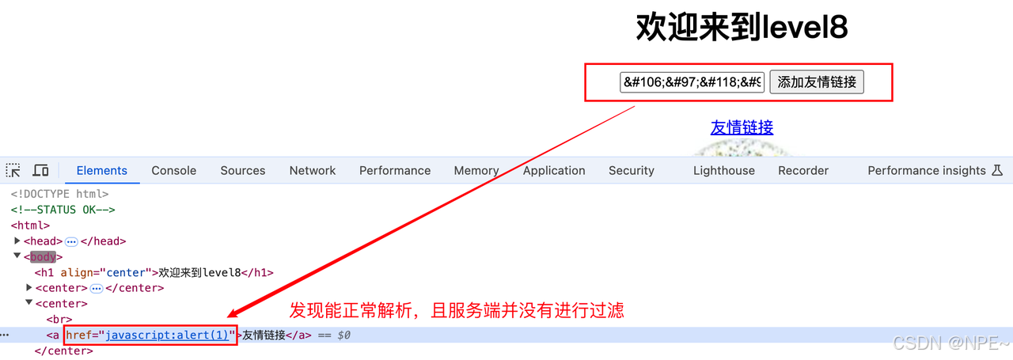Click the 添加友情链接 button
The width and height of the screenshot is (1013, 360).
tap(817, 81)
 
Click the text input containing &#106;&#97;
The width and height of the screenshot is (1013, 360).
tap(692, 81)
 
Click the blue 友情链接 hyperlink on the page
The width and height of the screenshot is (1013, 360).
tap(742, 127)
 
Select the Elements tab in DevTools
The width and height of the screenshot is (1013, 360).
tap(101, 170)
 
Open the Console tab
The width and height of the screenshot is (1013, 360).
tap(174, 170)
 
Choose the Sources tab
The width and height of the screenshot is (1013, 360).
tap(243, 170)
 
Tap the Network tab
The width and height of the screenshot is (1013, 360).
tap(313, 170)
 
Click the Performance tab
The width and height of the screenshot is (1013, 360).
tap(395, 170)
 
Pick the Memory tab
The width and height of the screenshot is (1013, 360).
tap(476, 170)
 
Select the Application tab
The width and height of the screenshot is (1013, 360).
tap(554, 170)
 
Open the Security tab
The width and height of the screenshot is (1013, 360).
tap(632, 170)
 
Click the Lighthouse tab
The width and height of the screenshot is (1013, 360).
tap(724, 170)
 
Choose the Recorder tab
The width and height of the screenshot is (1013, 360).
tap(803, 170)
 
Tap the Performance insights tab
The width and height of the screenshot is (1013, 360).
tap(927, 170)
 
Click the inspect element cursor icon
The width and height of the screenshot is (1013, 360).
tap(13, 170)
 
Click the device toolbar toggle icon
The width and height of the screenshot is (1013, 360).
tap(40, 170)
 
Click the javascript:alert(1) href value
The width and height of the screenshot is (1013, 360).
tap(167, 335)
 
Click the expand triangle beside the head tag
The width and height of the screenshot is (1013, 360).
tap(17, 241)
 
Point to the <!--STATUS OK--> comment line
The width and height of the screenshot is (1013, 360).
tap(63, 210)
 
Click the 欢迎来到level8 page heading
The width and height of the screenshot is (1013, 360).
tap(742, 28)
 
